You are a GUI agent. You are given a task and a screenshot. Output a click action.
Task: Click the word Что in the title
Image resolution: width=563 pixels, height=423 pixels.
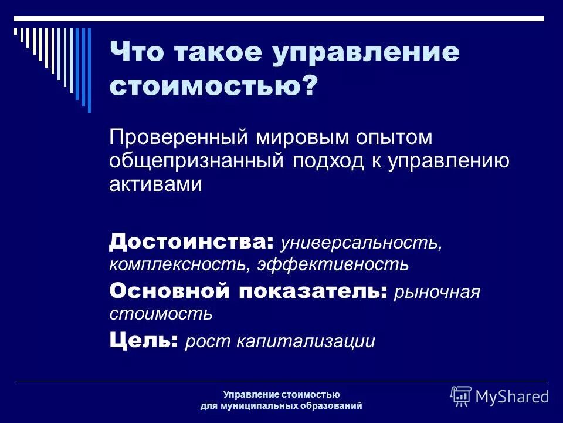[x=138, y=52]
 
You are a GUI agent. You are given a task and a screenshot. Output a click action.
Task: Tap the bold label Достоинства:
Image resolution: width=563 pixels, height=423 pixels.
[x=191, y=240]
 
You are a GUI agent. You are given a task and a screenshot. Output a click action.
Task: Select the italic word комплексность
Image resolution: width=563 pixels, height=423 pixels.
[x=178, y=264]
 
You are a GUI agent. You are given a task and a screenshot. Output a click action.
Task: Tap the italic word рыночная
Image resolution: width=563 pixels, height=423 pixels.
[x=437, y=292]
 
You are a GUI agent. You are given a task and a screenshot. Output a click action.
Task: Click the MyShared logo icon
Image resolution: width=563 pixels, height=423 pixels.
[x=461, y=395]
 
